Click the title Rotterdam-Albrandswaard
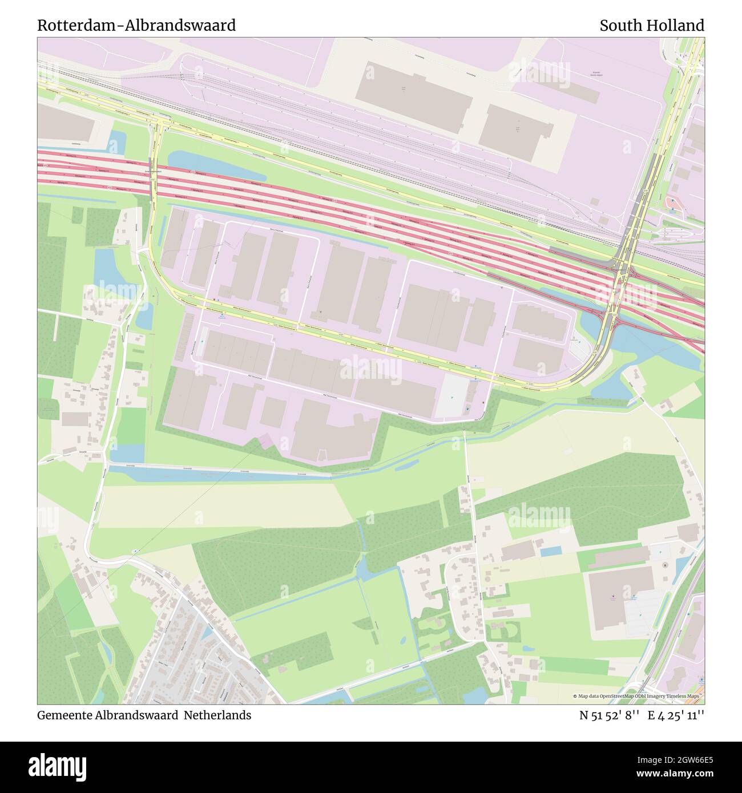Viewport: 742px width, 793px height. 136,26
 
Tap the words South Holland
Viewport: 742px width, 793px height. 651,26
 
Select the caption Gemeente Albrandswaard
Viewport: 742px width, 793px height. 108,715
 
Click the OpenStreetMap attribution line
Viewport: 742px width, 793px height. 638,696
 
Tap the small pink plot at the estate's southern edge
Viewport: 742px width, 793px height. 266,441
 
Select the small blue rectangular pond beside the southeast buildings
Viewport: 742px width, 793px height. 551,552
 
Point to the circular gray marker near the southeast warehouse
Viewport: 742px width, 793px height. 665,565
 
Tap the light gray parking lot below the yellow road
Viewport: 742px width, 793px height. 453,395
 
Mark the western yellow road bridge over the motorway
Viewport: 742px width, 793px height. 154,177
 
